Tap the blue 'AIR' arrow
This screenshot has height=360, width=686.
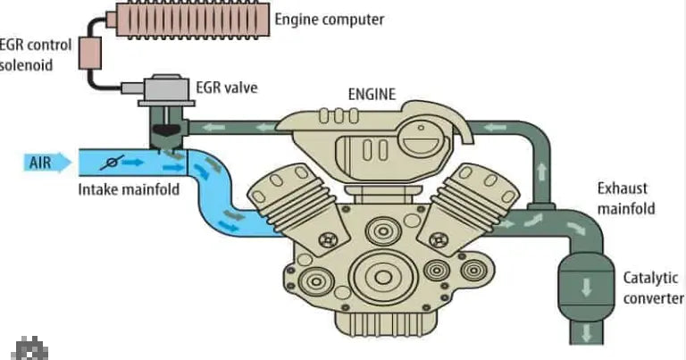pos(47,163)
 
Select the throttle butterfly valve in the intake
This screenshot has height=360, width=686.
pos(112,163)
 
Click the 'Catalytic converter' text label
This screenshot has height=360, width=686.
pos(652,289)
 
